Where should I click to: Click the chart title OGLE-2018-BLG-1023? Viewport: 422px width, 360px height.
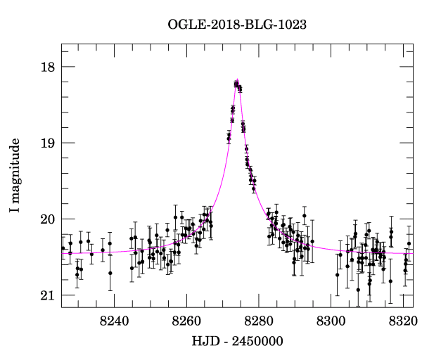coord(237,25)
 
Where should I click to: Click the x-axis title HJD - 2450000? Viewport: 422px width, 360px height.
coord(237,342)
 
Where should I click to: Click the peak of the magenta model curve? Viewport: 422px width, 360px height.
coord(238,79)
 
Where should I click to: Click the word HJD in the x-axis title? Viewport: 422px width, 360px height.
coord(205,342)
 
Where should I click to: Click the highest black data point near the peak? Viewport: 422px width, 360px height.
coord(236,83)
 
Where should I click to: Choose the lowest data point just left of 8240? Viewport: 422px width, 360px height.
coord(110,273)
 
